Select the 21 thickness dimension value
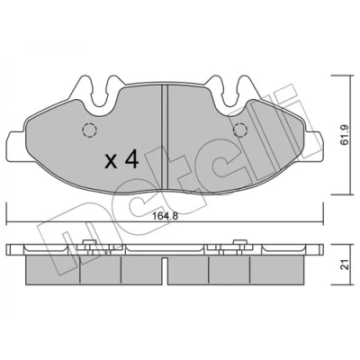[x=346, y=265]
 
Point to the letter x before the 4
[x=111, y=162]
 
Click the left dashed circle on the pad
[x=89, y=130]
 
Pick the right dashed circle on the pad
[x=240, y=130]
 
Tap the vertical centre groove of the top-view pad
[x=165, y=137]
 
